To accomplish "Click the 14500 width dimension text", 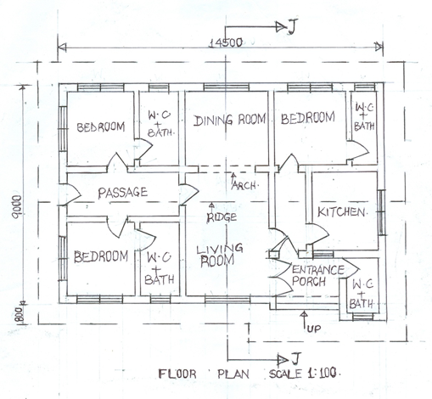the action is (x=226, y=43).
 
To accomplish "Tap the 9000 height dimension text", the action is (x=17, y=206).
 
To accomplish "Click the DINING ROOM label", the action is (x=230, y=120).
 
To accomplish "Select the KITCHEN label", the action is (x=341, y=212).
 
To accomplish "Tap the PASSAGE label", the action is (x=122, y=193).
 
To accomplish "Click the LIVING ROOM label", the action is (x=219, y=255).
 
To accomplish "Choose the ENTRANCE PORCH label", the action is (x=317, y=275).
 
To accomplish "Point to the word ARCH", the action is (x=244, y=186).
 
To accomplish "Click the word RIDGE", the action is (x=222, y=217).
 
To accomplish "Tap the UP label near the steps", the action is (x=314, y=329).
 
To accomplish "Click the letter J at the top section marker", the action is (x=292, y=27).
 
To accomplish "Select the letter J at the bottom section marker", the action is (x=295, y=359).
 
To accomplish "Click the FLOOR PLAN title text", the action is (x=204, y=374).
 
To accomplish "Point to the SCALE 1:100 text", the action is (x=303, y=374).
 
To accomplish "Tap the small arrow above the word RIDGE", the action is (x=211, y=208).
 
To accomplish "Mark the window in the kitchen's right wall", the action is (x=382, y=212).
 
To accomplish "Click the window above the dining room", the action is (x=227, y=87).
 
